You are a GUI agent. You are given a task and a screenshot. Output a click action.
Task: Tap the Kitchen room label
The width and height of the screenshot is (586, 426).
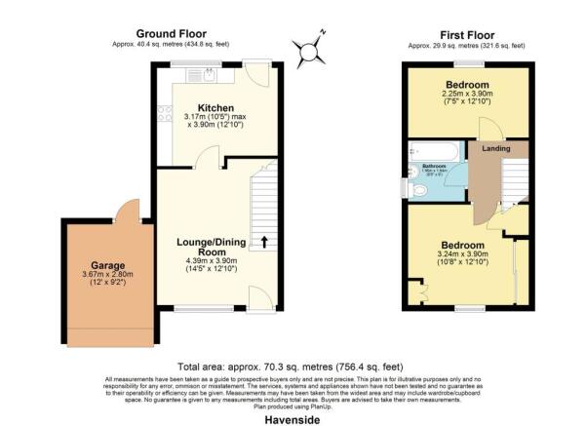[x=215, y=108]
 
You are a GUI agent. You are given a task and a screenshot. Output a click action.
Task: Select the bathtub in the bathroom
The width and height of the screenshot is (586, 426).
[x=437, y=152]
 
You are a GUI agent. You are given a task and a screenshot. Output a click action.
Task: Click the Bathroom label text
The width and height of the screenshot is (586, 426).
[x=434, y=167]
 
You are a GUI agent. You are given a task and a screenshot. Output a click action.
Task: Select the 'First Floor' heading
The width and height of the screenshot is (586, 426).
[x=466, y=33]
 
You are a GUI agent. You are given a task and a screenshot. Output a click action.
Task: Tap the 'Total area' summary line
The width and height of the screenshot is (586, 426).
[x=292, y=368]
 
